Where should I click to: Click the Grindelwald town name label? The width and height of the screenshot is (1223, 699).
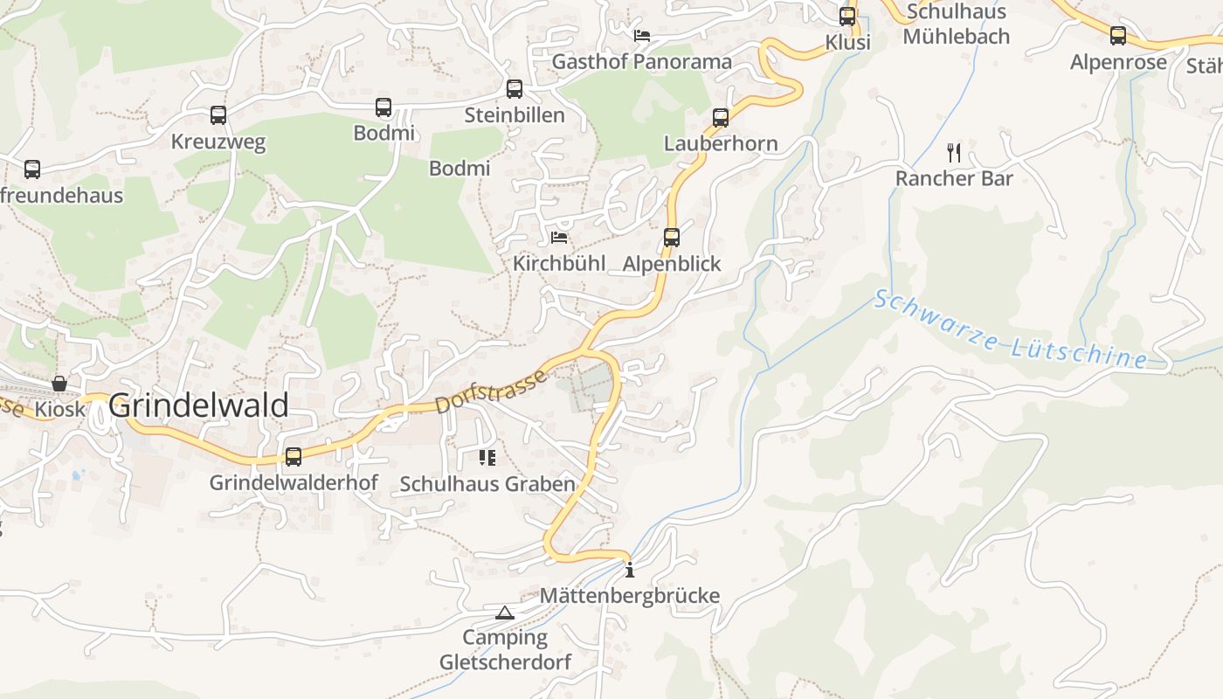(199, 405)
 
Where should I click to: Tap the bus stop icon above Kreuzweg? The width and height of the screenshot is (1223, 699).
(218, 114)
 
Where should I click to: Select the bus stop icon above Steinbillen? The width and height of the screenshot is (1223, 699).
(515, 88)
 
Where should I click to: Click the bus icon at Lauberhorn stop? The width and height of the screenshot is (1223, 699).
(721, 117)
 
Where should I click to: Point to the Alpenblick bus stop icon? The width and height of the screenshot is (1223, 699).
(672, 237)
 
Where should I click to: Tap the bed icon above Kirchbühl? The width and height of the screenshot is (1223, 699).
(559, 237)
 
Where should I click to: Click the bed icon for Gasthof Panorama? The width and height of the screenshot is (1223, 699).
(642, 36)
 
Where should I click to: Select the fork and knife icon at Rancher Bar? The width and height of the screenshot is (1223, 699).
(954, 153)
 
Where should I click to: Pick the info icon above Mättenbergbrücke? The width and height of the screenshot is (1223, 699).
(630, 571)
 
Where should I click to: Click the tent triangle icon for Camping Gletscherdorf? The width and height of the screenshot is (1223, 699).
(505, 612)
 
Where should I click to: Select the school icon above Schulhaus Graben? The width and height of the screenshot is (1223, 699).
(487, 457)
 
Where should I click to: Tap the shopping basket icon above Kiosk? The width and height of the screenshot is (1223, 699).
(59, 383)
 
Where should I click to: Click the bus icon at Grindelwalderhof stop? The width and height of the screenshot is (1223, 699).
(294, 456)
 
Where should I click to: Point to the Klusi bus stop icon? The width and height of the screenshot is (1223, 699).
(847, 17)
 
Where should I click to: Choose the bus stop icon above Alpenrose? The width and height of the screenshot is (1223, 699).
(1118, 36)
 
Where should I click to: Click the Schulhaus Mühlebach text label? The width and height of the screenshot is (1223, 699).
(956, 24)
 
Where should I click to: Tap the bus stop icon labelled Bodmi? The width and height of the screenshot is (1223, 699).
(383, 107)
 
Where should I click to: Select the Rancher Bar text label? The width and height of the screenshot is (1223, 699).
(954, 178)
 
